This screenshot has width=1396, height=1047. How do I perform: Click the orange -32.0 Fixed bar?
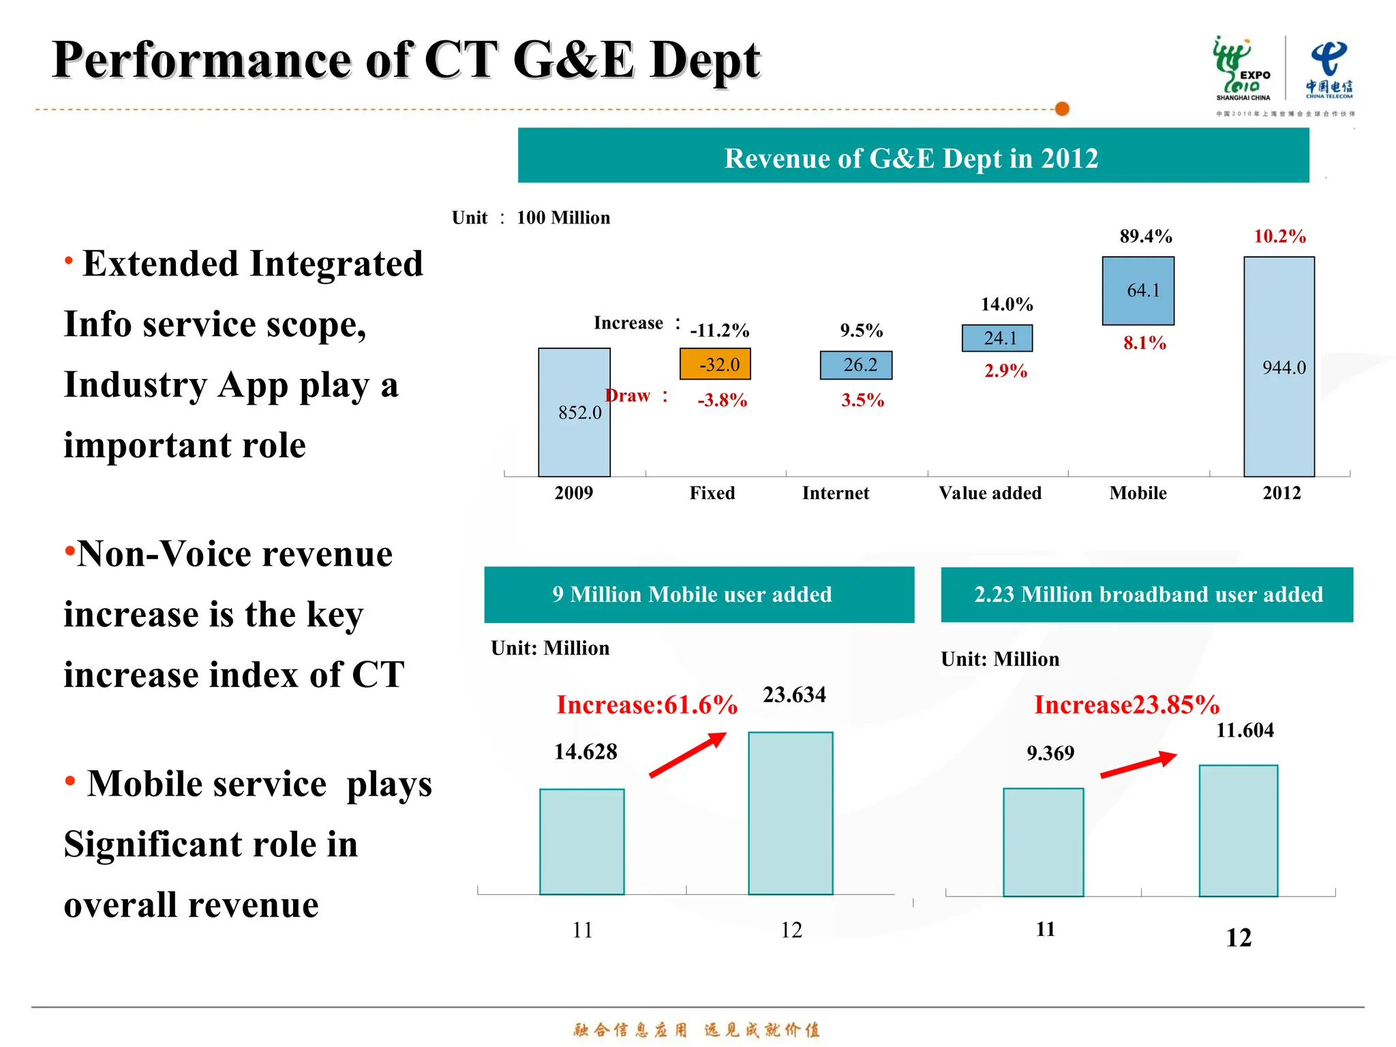coord(714,364)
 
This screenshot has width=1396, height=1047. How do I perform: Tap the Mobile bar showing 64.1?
coord(1138,290)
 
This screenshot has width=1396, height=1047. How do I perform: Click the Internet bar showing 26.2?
coord(855,365)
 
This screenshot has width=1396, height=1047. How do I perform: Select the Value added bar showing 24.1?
coord(997,337)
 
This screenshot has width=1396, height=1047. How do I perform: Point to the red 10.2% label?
coord(1279,237)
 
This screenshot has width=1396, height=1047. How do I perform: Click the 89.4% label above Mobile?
coord(1145,237)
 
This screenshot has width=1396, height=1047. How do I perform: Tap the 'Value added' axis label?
coord(990,493)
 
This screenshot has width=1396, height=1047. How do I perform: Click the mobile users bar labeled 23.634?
coord(790,813)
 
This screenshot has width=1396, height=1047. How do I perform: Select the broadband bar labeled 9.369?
coord(1043,843)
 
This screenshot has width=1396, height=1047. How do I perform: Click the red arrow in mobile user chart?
coord(687,755)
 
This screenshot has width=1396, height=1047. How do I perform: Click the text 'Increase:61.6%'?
coord(646,705)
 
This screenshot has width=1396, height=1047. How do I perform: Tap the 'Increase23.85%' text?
coord(1126,705)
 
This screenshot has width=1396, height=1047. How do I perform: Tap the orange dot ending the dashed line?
coord(1061,109)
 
